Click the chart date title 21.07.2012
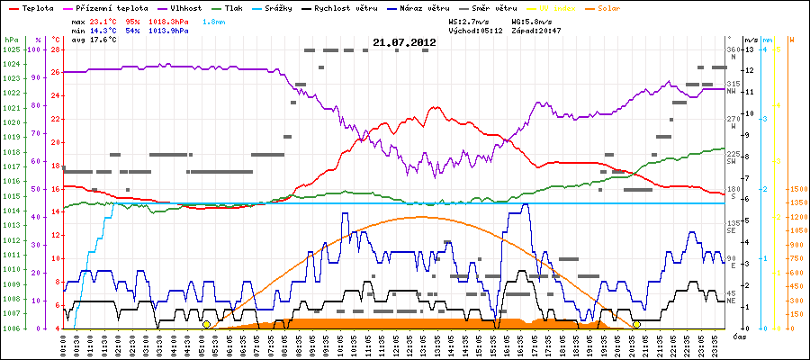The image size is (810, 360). pos(403,42)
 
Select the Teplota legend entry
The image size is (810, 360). pos(36,7)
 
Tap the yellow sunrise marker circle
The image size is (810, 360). pos(207,324)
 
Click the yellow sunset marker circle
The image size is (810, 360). pos(636,324)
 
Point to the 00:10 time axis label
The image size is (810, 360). pos(63,343)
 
